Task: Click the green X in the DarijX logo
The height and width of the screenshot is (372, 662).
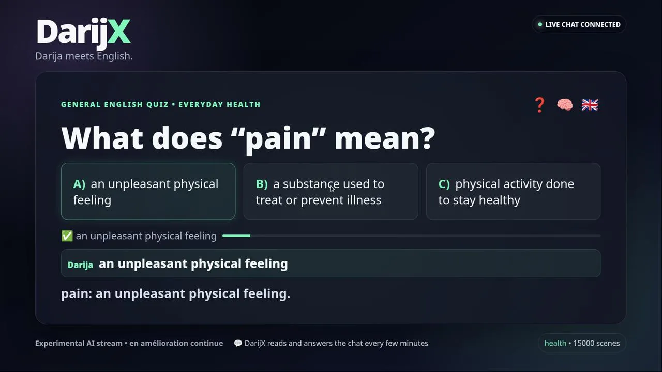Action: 119,32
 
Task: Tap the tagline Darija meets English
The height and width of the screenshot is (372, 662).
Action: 84,56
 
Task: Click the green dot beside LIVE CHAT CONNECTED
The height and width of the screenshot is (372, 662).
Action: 540,24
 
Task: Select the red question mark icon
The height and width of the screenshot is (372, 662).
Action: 539,105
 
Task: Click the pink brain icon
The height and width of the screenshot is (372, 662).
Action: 565,105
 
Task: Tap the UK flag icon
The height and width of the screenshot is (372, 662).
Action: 590,105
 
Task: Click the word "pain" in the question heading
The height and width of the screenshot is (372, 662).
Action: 278,139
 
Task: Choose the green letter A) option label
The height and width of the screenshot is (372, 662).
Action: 79,184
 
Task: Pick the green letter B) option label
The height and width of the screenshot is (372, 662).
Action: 262,184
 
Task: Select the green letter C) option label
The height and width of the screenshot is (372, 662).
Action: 444,184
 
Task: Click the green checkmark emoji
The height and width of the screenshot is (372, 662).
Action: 67,236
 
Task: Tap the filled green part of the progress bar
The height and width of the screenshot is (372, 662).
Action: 236,236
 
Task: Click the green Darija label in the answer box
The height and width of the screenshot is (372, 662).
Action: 80,265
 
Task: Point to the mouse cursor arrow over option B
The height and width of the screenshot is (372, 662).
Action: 333,189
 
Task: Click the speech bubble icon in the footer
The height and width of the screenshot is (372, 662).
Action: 237,343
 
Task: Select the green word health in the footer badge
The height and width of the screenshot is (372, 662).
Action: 555,343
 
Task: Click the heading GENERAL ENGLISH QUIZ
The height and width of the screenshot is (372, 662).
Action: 115,104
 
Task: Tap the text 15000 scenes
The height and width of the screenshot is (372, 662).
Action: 596,343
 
